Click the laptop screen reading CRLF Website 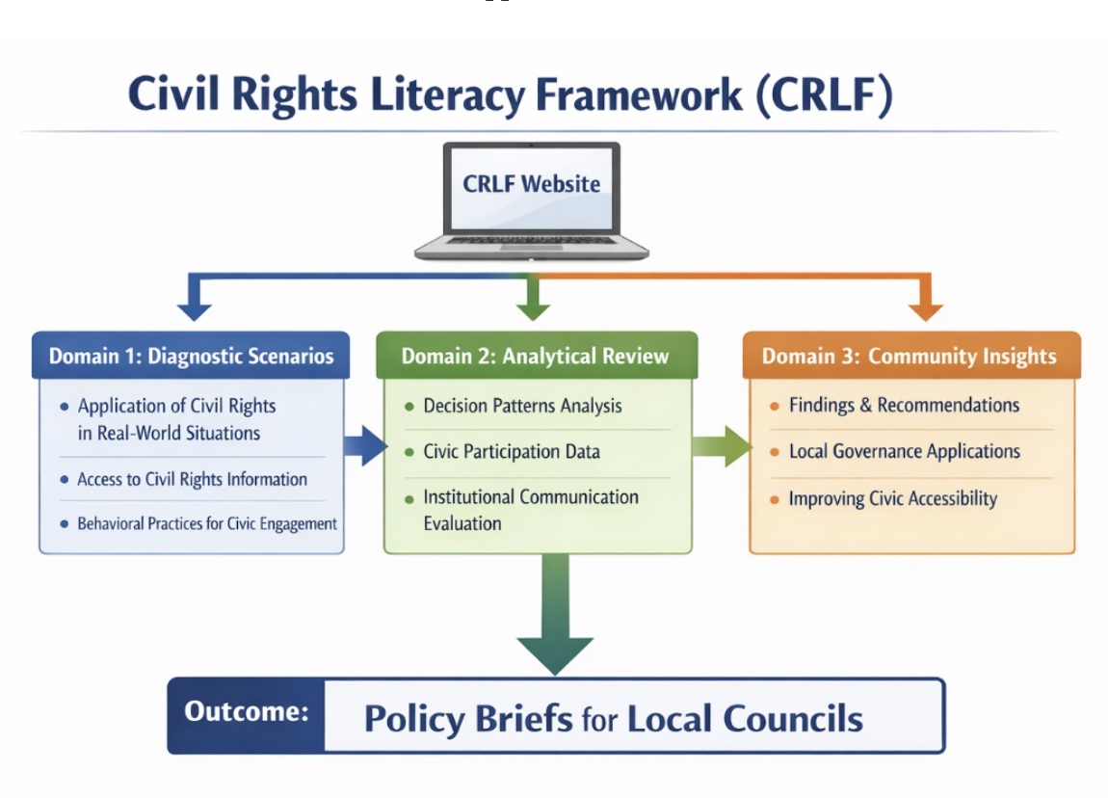click(531, 184)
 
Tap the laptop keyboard click(531, 239)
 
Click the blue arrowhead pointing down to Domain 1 click(195, 309)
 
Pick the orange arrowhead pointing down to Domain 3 click(925, 309)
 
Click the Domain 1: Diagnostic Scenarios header click(191, 356)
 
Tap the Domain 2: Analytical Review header click(536, 356)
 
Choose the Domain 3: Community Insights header click(910, 356)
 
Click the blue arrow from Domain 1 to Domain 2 click(364, 445)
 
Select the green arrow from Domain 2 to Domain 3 click(721, 446)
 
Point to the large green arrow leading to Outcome click(554, 617)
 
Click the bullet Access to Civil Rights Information click(192, 479)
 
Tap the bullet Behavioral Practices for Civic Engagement click(206, 524)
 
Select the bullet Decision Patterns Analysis click(522, 406)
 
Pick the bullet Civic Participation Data click(511, 451)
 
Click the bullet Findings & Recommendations click(903, 405)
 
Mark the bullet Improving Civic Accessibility click(892, 498)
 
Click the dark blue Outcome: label click(247, 713)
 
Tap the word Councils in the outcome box click(792, 719)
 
